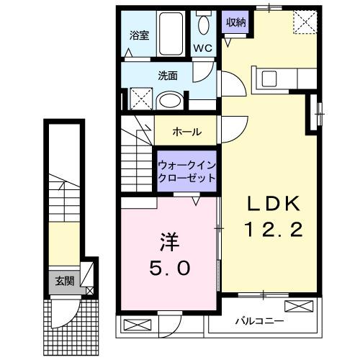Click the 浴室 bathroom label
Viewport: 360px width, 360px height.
138,35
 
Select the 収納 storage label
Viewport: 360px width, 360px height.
236,22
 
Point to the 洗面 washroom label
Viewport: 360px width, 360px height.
168,74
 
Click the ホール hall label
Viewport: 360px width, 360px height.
186,132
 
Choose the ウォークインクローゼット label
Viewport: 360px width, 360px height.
187,171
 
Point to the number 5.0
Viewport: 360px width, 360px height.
169,268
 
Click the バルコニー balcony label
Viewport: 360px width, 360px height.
258,321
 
